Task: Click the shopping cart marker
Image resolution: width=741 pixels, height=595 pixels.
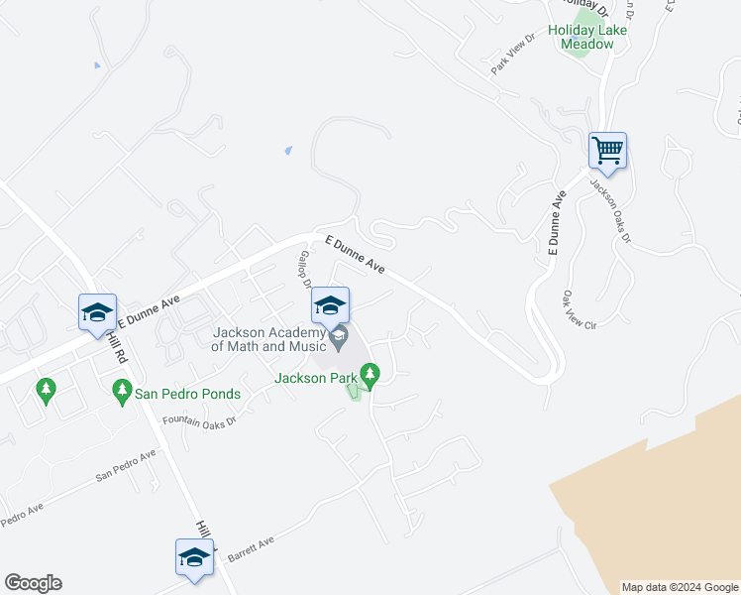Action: tap(607, 152)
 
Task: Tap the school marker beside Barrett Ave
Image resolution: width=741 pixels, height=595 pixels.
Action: tap(195, 558)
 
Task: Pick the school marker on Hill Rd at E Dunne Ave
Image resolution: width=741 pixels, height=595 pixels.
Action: tap(98, 313)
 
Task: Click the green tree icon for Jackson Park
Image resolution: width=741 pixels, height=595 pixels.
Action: tap(370, 375)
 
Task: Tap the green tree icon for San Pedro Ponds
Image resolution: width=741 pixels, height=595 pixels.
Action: tap(122, 392)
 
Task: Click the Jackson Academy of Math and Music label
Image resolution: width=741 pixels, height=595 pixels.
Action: tap(267, 339)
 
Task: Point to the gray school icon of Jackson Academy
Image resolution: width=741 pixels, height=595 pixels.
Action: tap(339, 338)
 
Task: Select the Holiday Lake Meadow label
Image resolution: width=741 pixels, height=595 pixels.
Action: tap(593, 37)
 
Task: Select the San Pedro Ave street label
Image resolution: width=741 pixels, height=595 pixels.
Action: tap(126, 466)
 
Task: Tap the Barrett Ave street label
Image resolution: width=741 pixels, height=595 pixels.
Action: tap(251, 546)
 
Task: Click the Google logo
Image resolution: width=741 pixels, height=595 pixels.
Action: tap(33, 583)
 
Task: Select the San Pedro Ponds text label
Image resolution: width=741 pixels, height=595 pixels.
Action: tap(187, 394)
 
